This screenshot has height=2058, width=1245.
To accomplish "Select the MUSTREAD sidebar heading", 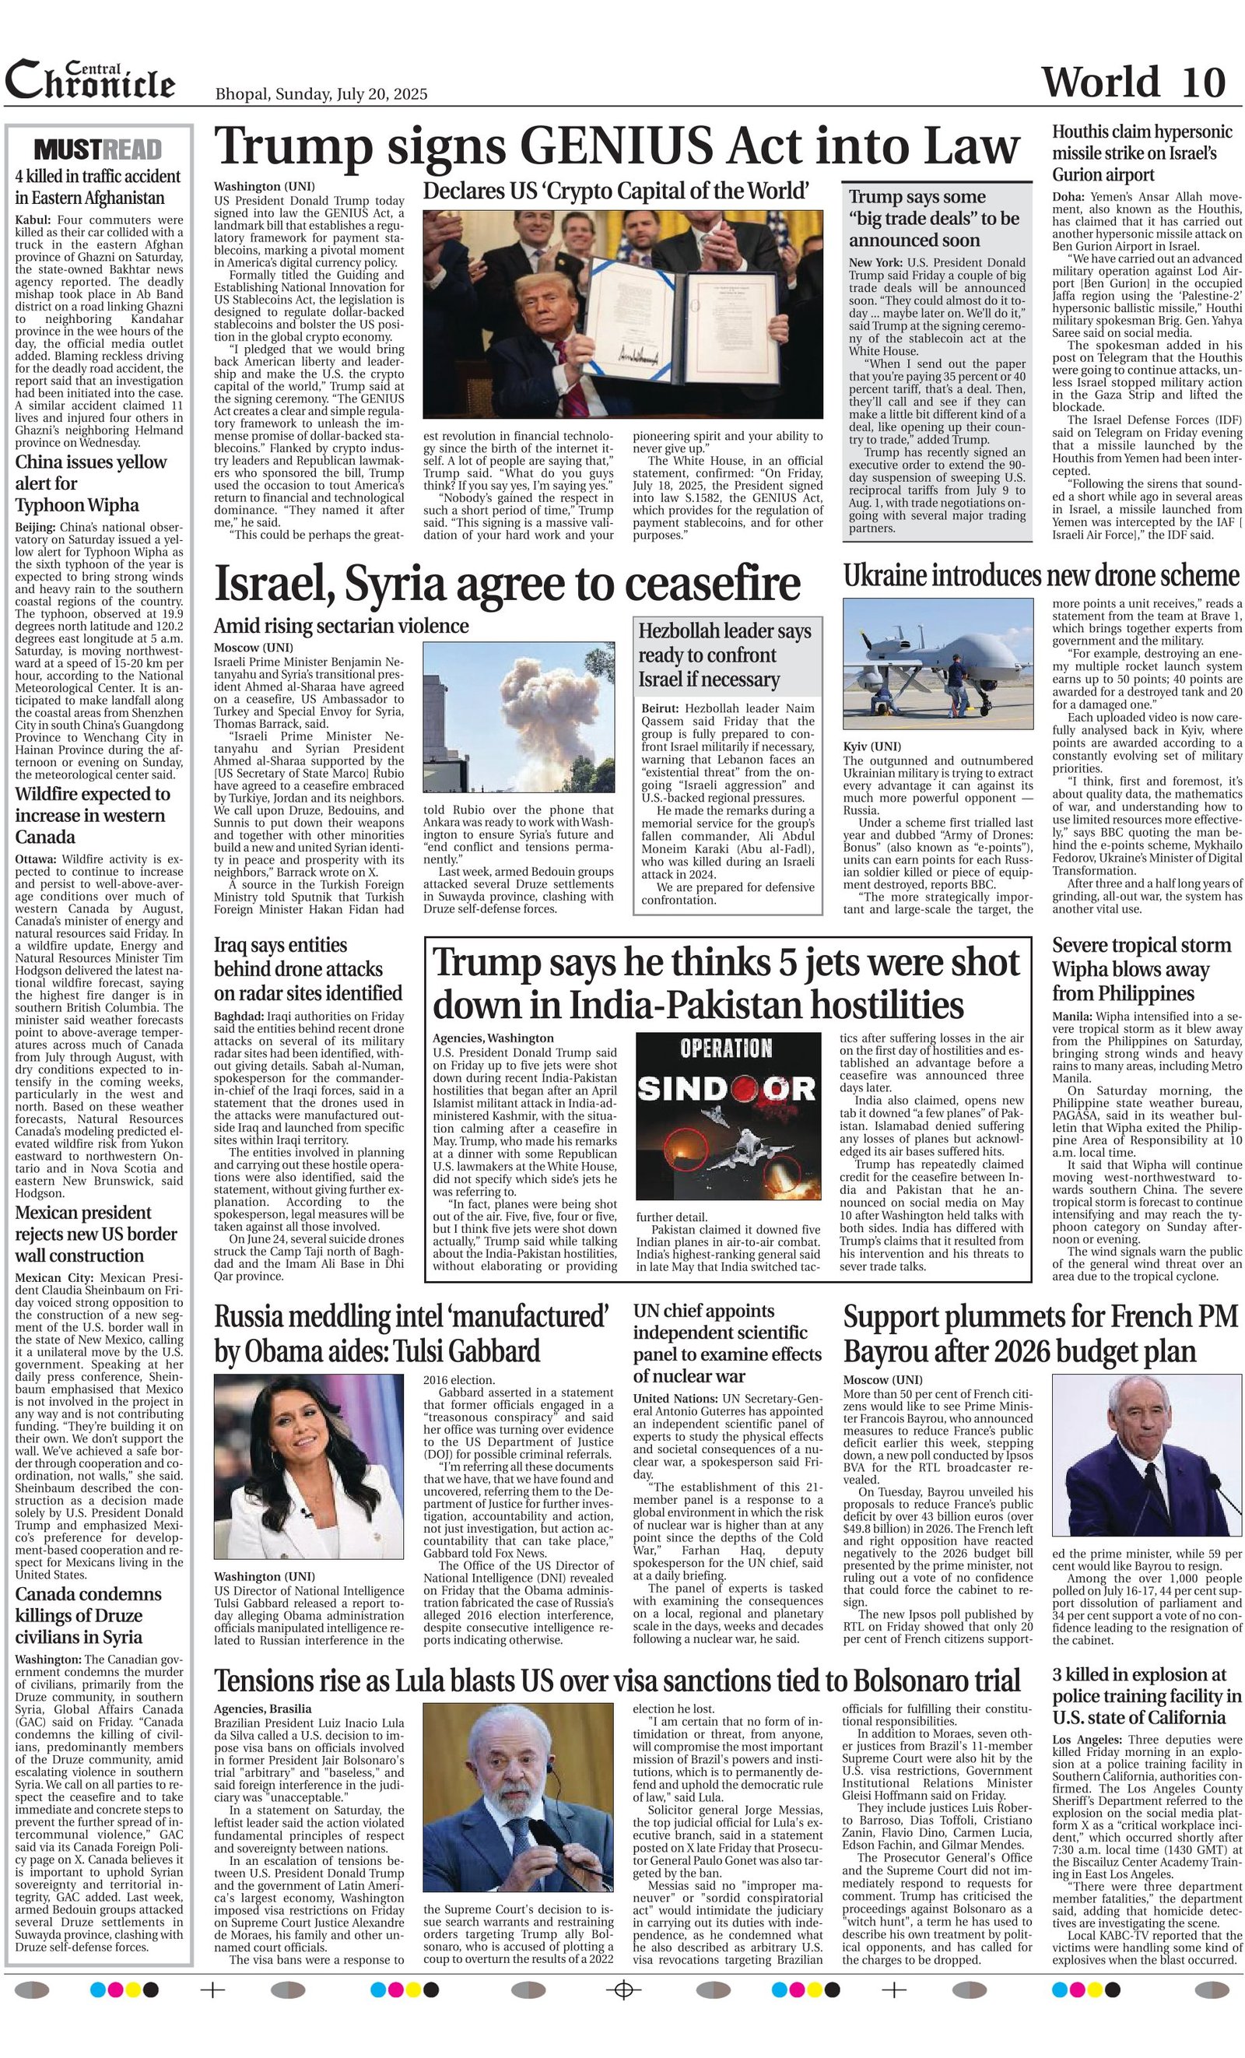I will (x=98, y=150).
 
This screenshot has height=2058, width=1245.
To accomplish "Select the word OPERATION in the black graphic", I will (x=726, y=1048).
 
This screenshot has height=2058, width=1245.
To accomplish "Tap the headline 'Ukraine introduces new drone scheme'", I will (x=1040, y=576).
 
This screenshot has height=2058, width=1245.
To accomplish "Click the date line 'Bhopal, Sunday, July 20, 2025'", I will (x=321, y=93).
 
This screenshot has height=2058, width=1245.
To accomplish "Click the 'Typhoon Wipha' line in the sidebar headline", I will (x=77, y=505).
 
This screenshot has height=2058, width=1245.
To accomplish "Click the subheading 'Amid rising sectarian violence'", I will (x=341, y=626).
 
